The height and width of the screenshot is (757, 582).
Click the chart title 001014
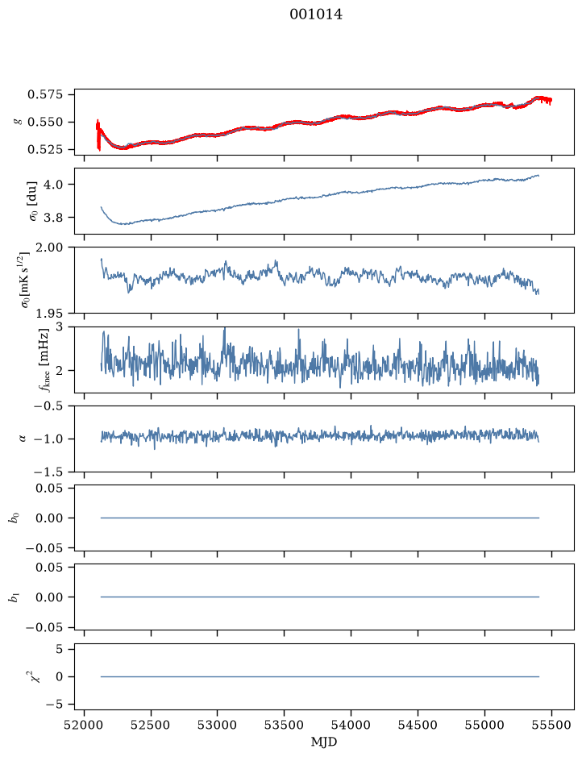pyautogui.click(x=316, y=15)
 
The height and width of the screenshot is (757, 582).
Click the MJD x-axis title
pyautogui.click(x=324, y=742)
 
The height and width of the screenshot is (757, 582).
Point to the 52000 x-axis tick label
pyautogui.click(x=85, y=725)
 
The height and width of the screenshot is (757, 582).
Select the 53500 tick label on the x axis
pyautogui.click(x=284, y=725)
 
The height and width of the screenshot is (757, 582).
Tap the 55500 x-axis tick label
pyautogui.click(x=551, y=725)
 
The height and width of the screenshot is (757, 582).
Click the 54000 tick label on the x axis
pyautogui.click(x=351, y=725)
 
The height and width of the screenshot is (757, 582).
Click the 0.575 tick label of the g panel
pyautogui.click(x=45, y=94)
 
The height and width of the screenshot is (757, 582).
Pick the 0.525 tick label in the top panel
pyautogui.click(x=45, y=150)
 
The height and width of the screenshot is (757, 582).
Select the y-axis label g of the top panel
pyautogui.click(x=19, y=122)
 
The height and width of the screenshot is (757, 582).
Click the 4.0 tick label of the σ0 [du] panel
pyautogui.click(x=53, y=185)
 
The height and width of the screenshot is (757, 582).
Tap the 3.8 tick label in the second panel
pyautogui.click(x=53, y=218)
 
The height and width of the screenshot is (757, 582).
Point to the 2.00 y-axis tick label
pyautogui.click(x=49, y=247)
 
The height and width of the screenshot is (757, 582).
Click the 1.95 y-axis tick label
pyautogui.click(x=49, y=314)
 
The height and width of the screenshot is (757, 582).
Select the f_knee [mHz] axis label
pyautogui.click(x=44, y=360)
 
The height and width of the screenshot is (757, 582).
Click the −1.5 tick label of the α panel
pyautogui.click(x=48, y=472)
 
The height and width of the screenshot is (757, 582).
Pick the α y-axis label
pyautogui.click(x=22, y=439)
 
